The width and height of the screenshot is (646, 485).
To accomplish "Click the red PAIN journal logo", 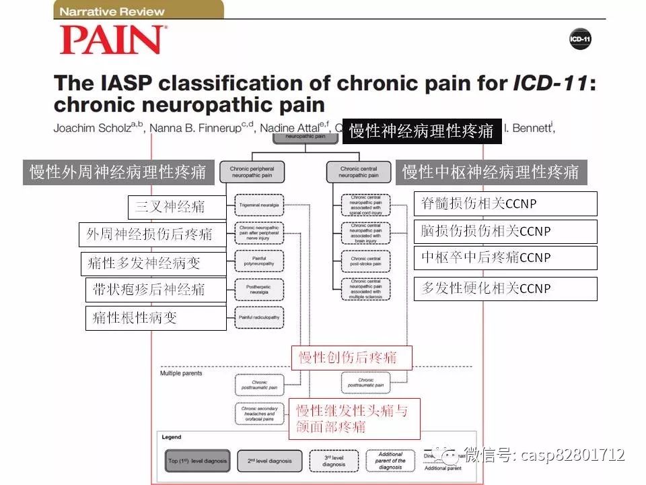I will click(x=113, y=40).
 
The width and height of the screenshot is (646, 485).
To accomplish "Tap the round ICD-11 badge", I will click(x=580, y=39).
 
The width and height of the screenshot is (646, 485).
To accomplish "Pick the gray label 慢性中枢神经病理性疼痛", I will click(x=491, y=172).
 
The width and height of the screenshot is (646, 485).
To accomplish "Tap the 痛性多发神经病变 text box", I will click(x=153, y=263).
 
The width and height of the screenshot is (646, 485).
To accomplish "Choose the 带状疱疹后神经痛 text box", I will click(x=156, y=290).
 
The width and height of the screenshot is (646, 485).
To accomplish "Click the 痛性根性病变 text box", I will click(x=156, y=318).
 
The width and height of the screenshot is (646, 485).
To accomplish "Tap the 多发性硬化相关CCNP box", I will click(x=505, y=288).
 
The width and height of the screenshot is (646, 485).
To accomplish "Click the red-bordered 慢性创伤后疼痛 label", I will click(x=351, y=357).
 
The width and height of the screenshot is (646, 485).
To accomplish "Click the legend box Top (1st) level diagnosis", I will click(x=196, y=461).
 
